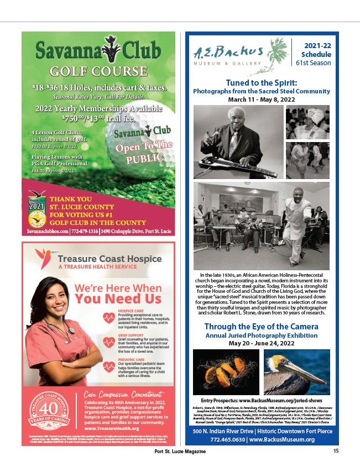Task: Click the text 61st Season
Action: coord(313,63)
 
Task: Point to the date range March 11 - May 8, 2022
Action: coord(261,100)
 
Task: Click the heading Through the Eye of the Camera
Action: coord(261,326)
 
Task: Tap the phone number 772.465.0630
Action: coord(225,440)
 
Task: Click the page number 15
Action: coord(336,451)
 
